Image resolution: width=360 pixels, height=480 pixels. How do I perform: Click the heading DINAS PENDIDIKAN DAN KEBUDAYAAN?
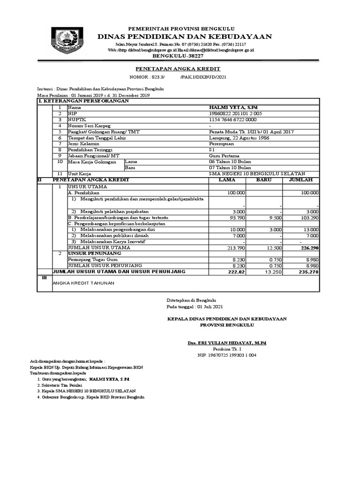point(185,37)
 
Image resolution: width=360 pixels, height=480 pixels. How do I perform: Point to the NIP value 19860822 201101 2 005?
point(235,113)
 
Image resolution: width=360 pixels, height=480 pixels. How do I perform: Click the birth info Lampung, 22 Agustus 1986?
point(239,138)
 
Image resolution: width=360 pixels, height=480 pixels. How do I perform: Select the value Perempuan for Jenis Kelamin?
point(222,144)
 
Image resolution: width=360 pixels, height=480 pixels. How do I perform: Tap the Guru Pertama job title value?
point(224,156)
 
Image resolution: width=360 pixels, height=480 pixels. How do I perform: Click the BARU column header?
point(265,180)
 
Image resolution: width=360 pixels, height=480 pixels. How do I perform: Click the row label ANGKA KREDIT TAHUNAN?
point(83,283)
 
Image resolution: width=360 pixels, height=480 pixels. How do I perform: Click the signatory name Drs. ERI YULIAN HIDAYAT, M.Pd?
point(227,343)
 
